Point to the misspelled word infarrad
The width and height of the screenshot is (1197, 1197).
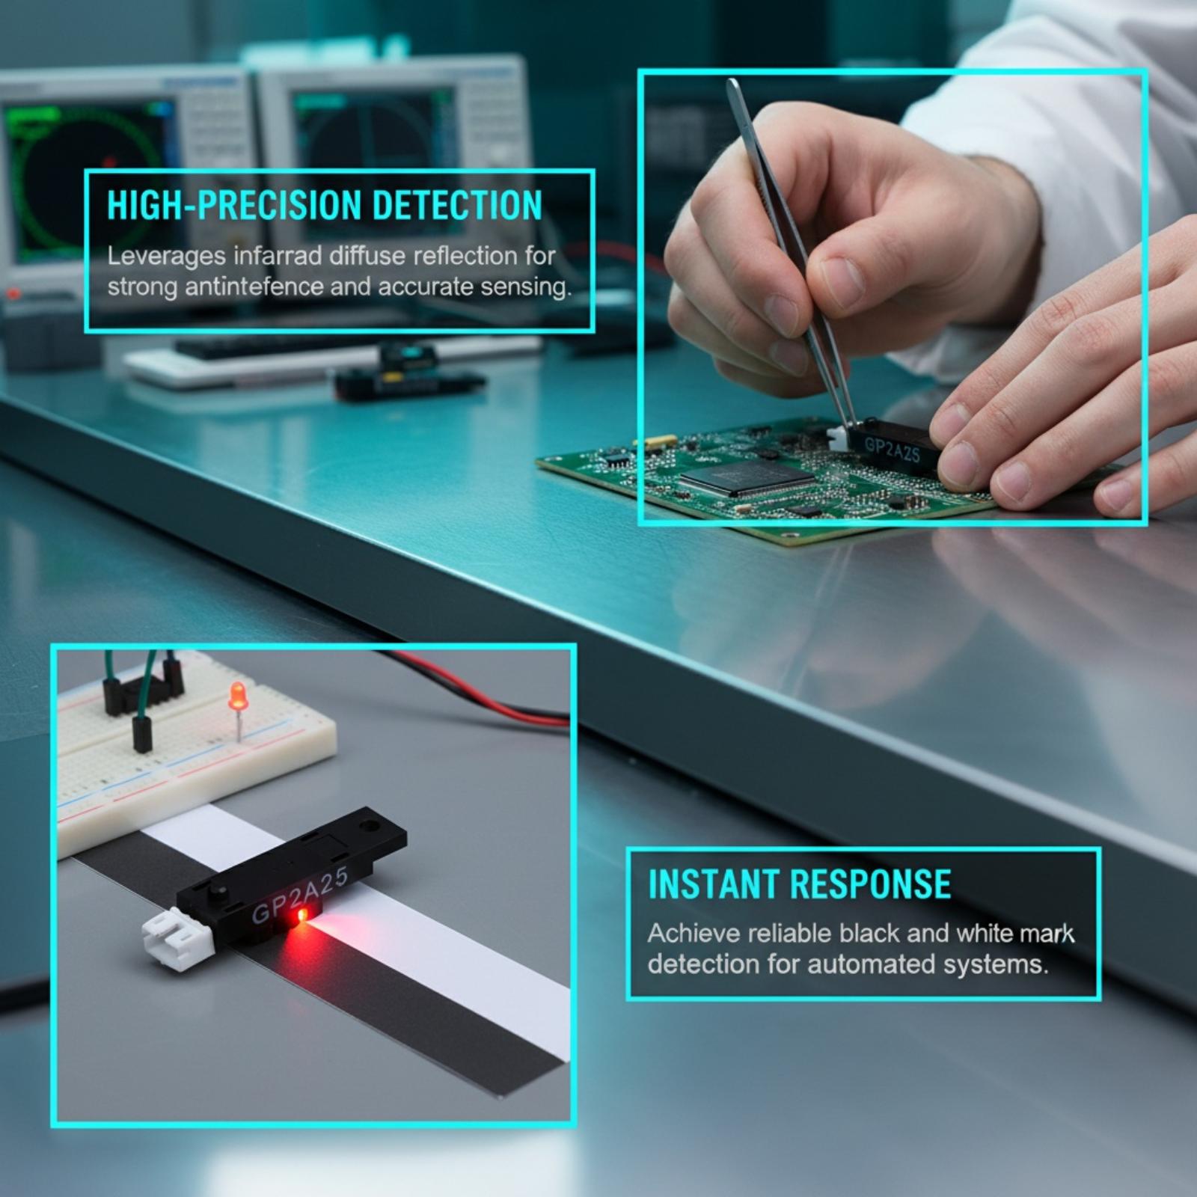click(x=278, y=256)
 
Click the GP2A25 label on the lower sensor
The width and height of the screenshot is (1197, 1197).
click(x=299, y=896)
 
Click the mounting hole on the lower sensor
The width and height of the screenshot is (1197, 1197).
click(x=367, y=828)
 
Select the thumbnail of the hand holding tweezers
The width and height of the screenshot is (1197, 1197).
click(x=893, y=297)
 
